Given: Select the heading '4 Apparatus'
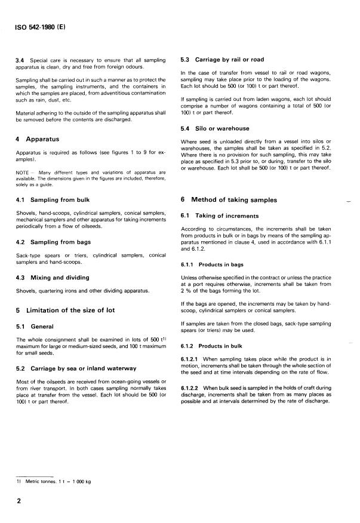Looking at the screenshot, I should pos(38,139).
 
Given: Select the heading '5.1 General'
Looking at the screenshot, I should pos(36,327).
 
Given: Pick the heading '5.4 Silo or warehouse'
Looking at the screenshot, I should pos(215,128).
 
